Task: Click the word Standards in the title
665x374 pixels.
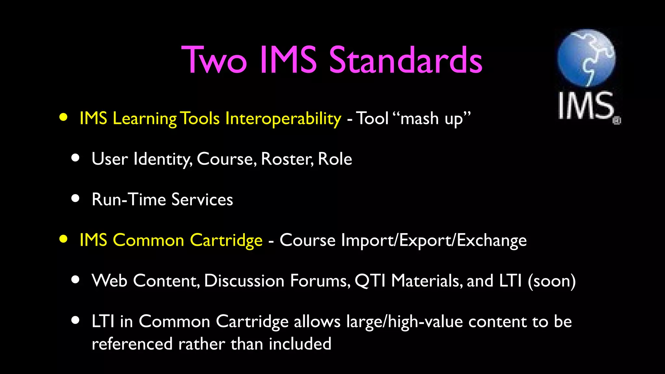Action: click(406, 60)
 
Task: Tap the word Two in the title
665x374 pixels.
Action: click(214, 60)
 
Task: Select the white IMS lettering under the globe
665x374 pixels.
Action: click(586, 106)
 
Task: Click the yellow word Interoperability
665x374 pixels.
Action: click(283, 118)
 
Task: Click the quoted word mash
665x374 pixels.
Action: click(420, 118)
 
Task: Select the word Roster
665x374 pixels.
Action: click(287, 159)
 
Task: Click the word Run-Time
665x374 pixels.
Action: click(129, 199)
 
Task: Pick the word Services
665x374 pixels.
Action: click(202, 199)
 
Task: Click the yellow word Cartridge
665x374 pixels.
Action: click(226, 241)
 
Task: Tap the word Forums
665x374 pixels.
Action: click(320, 281)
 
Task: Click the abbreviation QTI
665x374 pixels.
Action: click(370, 281)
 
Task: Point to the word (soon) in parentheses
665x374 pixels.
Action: click(552, 281)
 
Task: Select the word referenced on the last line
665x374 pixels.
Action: click(132, 344)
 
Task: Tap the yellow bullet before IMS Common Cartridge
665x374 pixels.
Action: click(64, 239)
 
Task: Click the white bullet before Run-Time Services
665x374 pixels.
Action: click(75, 198)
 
